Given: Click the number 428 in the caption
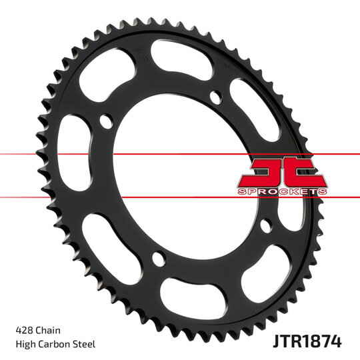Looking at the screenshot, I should tap(24, 329).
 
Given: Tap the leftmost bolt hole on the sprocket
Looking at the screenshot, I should tap(105, 122).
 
